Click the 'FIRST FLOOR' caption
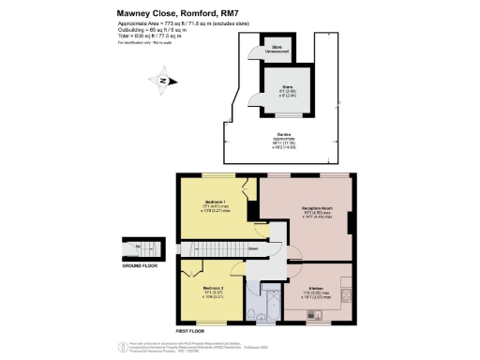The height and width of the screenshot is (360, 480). pyautogui.click(x=190, y=330)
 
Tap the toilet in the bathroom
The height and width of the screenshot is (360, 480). pyautogui.click(x=255, y=310)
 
